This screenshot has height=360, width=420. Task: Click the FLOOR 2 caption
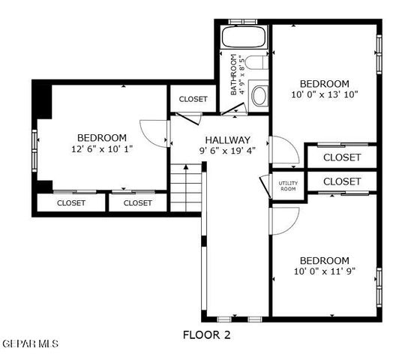(207, 335)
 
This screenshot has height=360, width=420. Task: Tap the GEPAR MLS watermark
(30, 343)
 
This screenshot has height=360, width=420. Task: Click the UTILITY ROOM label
(288, 185)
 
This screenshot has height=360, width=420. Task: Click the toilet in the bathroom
(259, 94)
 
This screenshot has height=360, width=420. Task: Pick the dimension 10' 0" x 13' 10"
(325, 95)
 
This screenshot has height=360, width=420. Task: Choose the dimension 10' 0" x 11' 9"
(325, 271)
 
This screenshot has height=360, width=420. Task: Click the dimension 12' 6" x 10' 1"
(101, 149)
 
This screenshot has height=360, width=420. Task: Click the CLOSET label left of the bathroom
(193, 99)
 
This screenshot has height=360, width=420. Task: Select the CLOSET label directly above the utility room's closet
(342, 157)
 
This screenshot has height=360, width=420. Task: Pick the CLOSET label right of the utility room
(342, 181)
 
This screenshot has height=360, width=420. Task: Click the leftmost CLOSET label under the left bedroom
(71, 202)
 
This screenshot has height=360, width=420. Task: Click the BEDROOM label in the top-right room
(325, 83)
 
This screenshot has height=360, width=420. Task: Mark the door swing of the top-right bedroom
(283, 150)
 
